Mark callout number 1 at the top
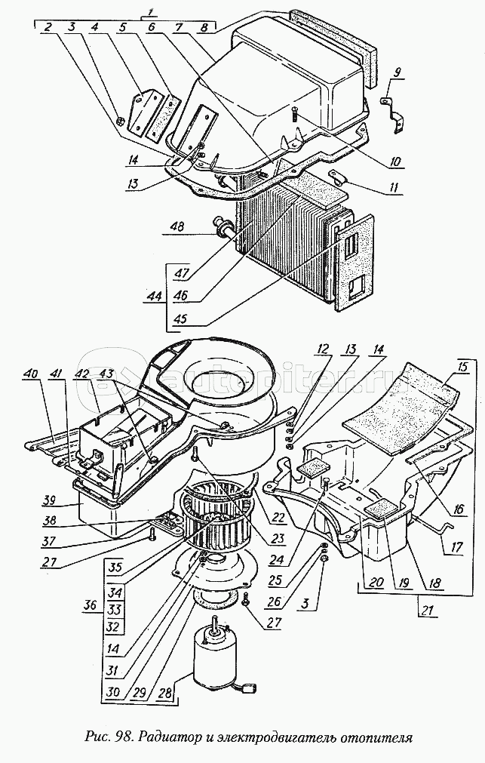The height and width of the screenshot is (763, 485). point(150,12)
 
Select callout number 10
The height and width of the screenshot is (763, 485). point(395,161)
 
